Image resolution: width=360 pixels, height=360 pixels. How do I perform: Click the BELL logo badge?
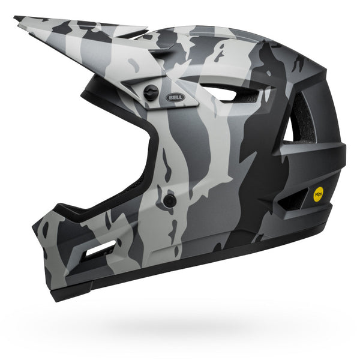[x=175, y=97]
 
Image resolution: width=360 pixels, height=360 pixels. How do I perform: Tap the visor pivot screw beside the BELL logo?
[x=152, y=92]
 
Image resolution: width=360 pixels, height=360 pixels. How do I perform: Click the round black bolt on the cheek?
[x=170, y=200]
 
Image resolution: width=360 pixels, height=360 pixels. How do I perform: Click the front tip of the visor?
[x=18, y=20]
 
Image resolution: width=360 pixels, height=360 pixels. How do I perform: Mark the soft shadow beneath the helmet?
[x=198, y=327]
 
